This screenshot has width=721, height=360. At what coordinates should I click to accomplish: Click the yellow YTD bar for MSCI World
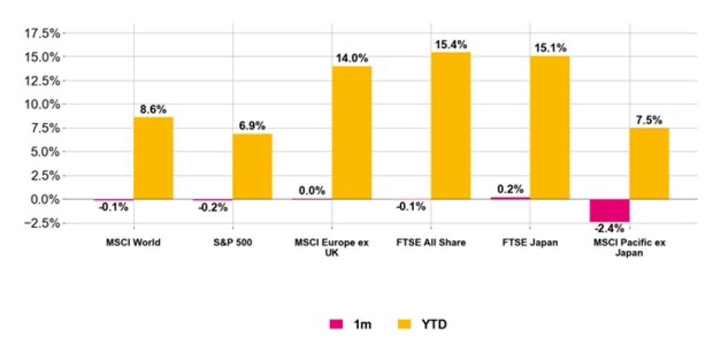[x=153, y=158]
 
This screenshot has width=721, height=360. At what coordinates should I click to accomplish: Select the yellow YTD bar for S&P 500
[x=252, y=166]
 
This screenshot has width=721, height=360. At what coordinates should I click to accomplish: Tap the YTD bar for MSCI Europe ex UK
[x=351, y=132]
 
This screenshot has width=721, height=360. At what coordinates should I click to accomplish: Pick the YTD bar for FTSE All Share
[x=451, y=126]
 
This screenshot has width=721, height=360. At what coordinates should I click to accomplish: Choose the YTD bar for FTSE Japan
[x=550, y=127]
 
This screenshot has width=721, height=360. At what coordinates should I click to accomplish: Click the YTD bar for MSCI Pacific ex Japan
[x=649, y=163]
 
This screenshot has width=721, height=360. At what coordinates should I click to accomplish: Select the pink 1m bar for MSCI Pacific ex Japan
[x=609, y=210]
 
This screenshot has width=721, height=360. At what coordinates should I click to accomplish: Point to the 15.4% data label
[x=451, y=44]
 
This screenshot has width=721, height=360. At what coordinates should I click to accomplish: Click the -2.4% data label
[x=609, y=228]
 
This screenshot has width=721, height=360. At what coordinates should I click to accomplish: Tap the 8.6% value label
[x=153, y=109]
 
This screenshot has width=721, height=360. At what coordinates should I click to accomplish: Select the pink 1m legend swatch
[x=336, y=324]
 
